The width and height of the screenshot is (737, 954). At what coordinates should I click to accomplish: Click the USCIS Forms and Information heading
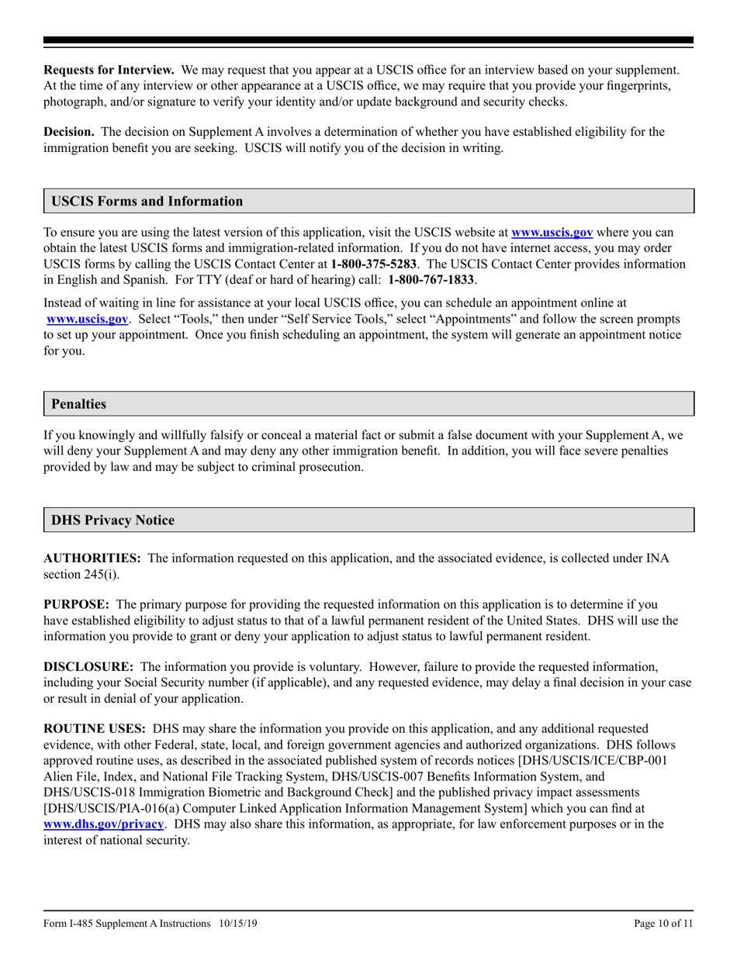[147, 202]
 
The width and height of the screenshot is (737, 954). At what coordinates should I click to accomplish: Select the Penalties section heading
[78, 404]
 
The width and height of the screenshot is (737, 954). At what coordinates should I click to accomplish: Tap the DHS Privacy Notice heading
[112, 520]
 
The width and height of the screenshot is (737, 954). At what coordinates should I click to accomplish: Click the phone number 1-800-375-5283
[372, 264]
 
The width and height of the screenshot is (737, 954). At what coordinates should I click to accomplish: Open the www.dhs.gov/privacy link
[105, 824]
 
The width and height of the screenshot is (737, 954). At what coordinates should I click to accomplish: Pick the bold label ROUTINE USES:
[95, 729]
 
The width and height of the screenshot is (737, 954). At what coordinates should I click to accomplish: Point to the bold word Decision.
[68, 132]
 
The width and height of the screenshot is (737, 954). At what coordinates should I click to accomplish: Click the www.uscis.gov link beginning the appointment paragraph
[87, 318]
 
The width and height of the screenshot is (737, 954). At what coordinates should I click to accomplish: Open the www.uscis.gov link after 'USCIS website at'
[552, 232]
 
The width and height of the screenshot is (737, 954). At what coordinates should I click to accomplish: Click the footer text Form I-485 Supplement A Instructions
[127, 923]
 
